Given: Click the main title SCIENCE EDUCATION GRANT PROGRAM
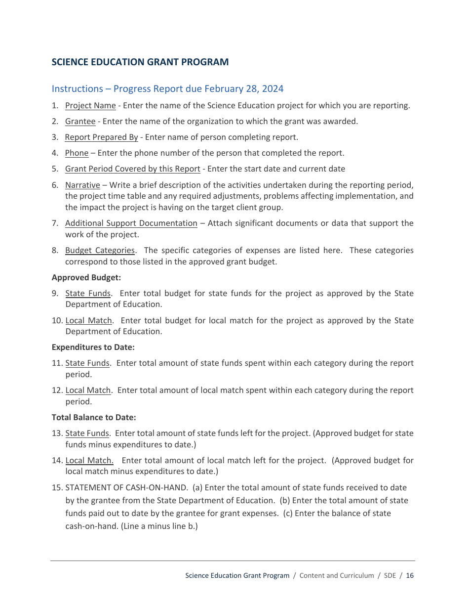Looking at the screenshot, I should pos(140,62).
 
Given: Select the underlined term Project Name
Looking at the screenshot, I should pos(90,106).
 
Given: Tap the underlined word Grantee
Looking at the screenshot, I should pos(80,122).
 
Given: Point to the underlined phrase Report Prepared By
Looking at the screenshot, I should pos(101,137).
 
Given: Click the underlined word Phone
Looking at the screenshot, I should pos(77,153).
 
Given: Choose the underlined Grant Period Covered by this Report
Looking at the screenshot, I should pos(132,169).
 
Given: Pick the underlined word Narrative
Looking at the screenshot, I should pos(82,185).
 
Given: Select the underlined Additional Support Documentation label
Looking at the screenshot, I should pos(131,223).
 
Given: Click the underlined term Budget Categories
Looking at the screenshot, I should pos(100,251).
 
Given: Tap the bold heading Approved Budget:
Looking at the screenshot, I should pos(86,278).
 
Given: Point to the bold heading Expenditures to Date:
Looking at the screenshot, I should pos(93,347).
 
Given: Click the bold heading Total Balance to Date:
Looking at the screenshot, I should pos(94,418).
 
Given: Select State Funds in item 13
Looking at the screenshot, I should pos(87,434).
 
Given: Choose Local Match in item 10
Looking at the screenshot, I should pos(88,321).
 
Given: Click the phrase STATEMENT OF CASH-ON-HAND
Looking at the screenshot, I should pos(126,488).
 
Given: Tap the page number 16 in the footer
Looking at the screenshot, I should pos(410,576).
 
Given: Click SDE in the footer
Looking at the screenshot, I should pos(390,576).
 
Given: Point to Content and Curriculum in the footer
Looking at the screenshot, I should pos(336,576).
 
